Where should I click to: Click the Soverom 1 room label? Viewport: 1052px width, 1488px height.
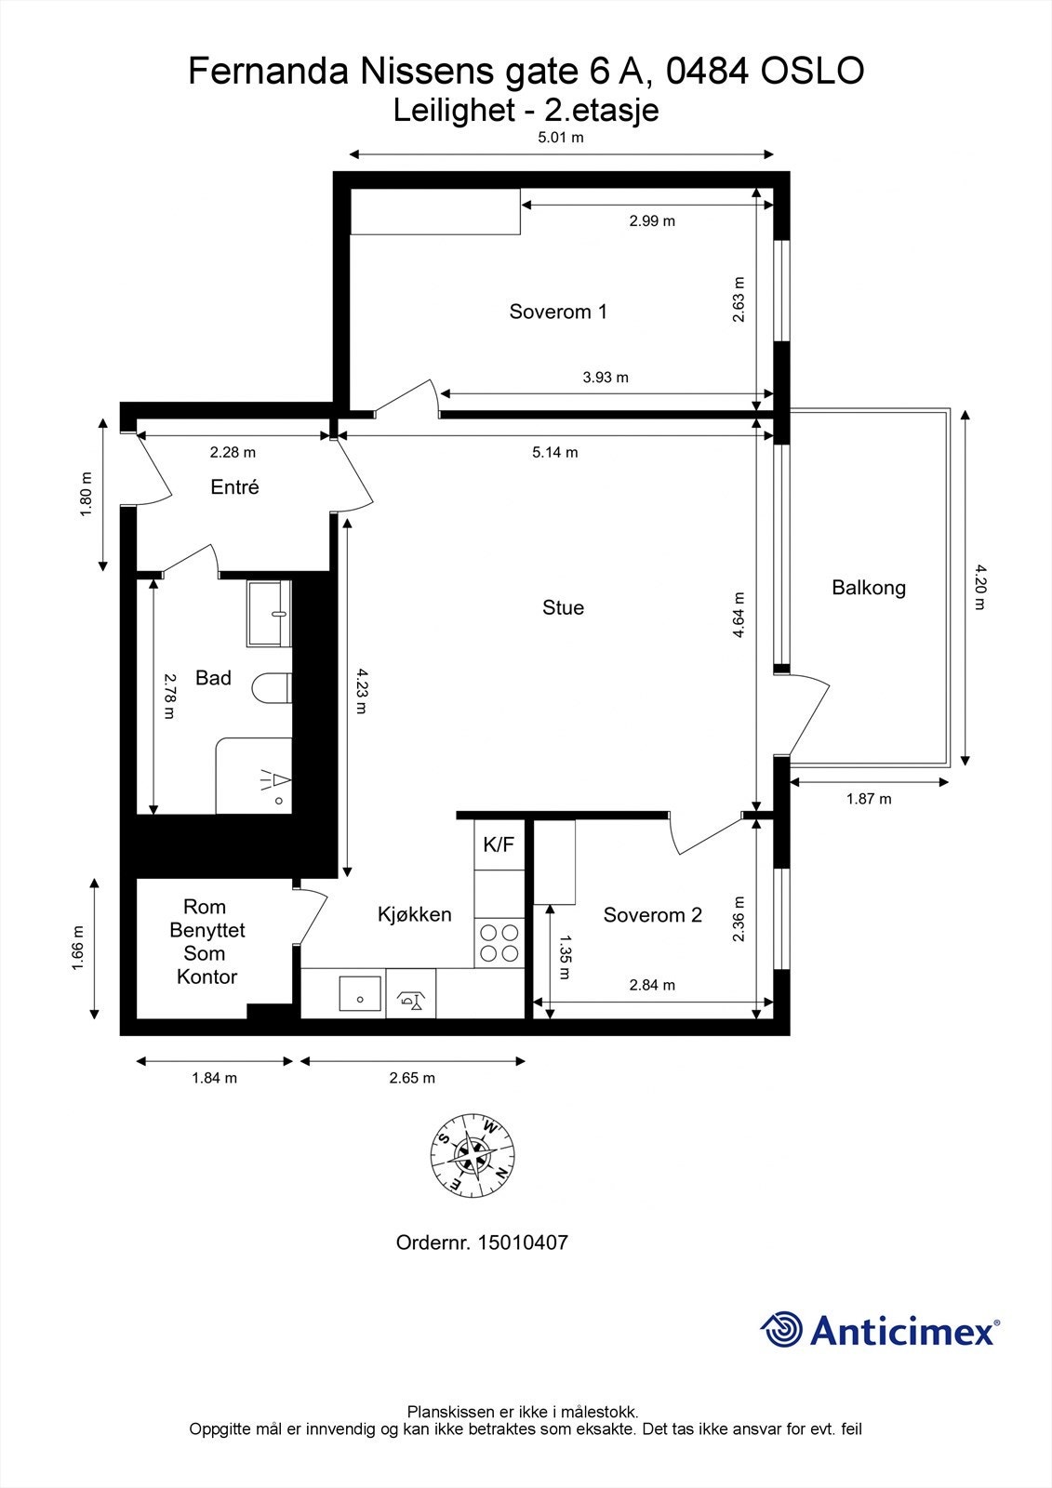coord(558,312)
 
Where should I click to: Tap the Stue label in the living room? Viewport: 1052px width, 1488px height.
coord(563,607)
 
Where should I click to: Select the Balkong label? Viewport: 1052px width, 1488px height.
coord(869,588)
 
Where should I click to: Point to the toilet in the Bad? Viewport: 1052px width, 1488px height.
coord(272,687)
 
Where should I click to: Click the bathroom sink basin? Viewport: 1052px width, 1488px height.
coord(269,613)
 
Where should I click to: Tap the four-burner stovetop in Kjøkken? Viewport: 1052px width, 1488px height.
coord(499,943)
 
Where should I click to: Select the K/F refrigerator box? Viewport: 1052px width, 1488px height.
coord(499,844)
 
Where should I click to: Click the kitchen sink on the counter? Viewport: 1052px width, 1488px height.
coord(360,998)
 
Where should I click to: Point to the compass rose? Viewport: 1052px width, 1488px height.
coord(473,1157)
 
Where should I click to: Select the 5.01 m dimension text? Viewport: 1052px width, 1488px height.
coord(561,138)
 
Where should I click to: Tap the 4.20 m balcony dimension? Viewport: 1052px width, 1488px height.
coord(981,587)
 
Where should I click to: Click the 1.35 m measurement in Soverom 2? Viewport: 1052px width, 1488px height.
coord(565,957)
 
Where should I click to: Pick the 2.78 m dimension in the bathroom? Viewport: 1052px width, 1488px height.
coord(169,697)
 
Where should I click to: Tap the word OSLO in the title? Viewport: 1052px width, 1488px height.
coord(812,71)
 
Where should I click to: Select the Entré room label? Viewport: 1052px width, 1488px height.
coord(234,487)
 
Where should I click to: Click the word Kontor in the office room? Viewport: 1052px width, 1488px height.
coord(206,976)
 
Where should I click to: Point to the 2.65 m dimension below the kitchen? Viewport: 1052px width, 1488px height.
coord(412,1078)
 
